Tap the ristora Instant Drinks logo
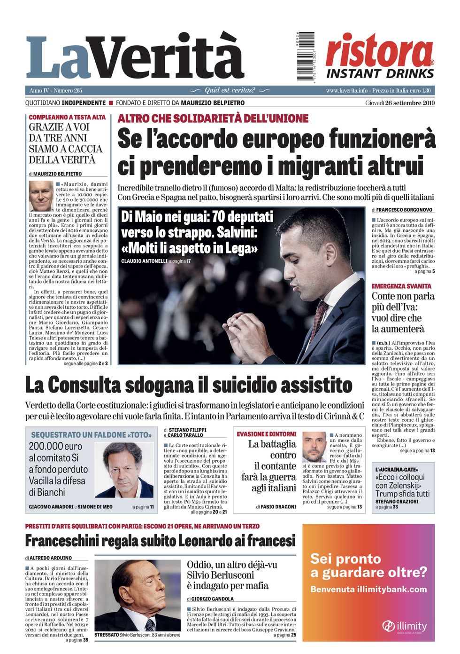tap(380, 55)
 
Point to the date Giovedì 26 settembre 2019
tap(399, 103)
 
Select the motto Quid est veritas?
tap(230, 90)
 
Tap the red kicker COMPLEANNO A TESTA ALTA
tap(67, 117)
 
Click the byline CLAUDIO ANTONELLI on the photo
tap(144, 261)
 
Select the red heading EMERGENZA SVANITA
tap(401, 286)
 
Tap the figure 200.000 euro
tap(55, 446)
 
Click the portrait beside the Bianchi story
tap(124, 470)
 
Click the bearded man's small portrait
tap(314, 447)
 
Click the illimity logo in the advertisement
tap(404, 626)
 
